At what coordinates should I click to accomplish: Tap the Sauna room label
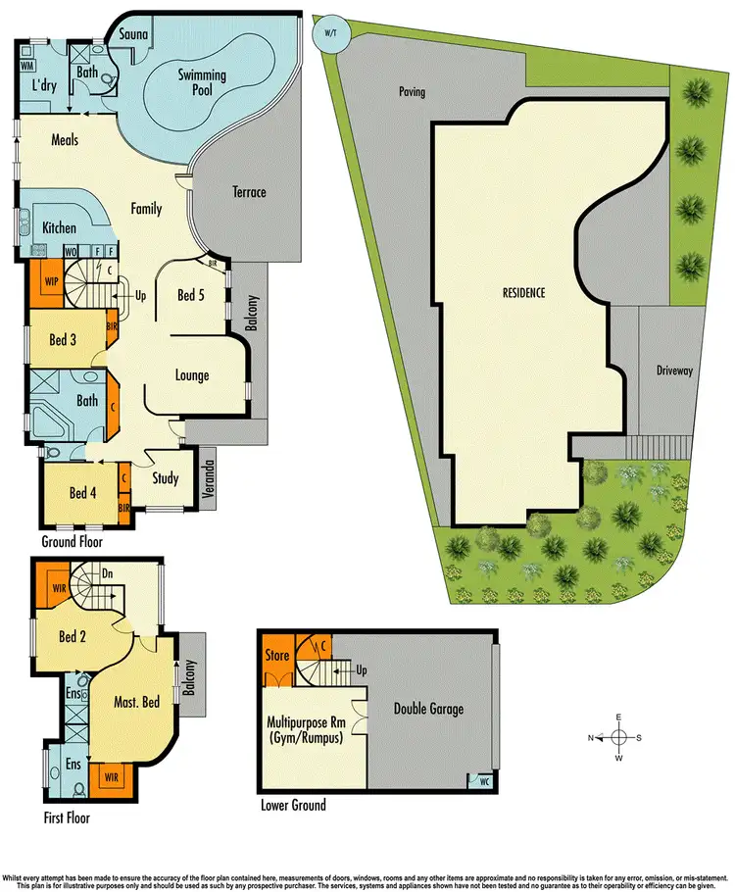[x=133, y=35]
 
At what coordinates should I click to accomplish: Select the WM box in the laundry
[x=27, y=67]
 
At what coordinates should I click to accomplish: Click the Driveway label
[x=674, y=372]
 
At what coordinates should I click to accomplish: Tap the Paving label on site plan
[x=412, y=92]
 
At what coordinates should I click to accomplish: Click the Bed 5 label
[x=191, y=294]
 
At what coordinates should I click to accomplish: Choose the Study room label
[x=167, y=478]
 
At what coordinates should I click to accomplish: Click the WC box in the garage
[x=483, y=781]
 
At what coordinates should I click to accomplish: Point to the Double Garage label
[x=428, y=709]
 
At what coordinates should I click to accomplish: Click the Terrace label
[x=249, y=192]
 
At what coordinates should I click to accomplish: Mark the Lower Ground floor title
[x=294, y=805]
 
